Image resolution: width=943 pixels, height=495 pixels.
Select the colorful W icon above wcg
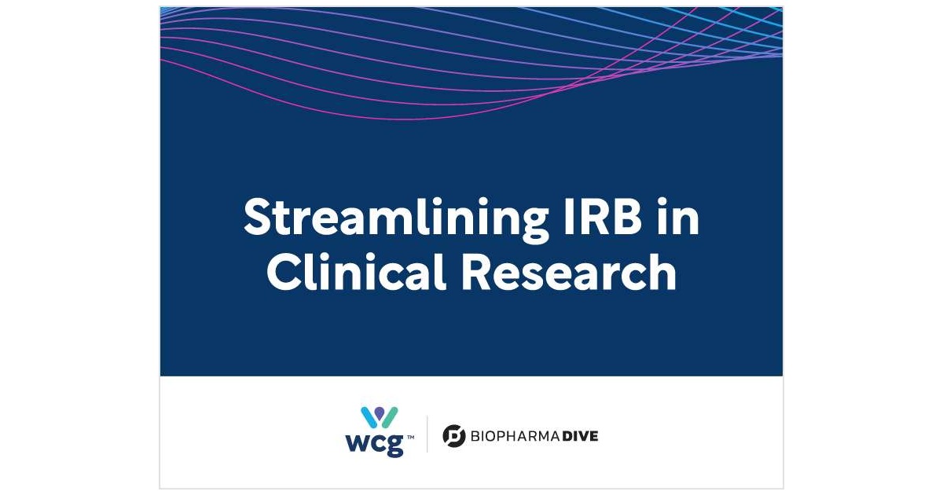[380, 417]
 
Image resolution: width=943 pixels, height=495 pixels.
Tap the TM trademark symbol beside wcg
[410, 438]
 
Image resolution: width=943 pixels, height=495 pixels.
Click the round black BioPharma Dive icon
[454, 435]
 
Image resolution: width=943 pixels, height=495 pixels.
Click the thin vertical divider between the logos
[427, 434]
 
